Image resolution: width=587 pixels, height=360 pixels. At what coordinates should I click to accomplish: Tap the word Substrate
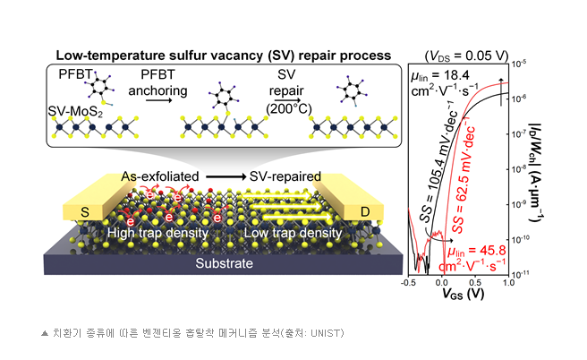tap(224, 263)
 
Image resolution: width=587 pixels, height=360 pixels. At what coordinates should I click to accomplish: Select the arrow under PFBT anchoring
tap(158, 100)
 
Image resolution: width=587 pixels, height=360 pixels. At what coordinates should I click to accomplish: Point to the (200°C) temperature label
tap(289, 109)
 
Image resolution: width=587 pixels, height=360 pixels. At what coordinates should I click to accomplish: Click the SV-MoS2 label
tap(75, 111)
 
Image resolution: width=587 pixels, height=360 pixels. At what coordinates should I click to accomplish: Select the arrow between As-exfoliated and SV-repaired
tap(225, 176)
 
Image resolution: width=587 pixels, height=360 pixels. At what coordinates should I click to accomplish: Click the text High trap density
tap(157, 233)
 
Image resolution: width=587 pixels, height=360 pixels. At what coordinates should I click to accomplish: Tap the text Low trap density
tap(293, 233)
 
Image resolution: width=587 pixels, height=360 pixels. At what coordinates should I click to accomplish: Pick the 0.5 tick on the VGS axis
tap(475, 282)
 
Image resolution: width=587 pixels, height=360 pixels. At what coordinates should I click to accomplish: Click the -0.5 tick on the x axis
tap(408, 282)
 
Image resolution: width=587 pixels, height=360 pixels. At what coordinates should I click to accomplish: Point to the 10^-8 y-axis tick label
tap(518, 168)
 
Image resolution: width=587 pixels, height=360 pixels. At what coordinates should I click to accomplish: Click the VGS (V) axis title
tap(464, 294)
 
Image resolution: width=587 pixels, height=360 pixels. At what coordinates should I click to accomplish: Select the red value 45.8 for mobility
tap(492, 250)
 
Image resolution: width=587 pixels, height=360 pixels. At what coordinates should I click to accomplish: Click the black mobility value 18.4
tap(455, 75)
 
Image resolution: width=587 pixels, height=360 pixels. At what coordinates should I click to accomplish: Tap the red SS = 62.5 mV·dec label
tap(464, 176)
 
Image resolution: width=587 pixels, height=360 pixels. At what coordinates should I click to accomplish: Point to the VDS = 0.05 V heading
tap(466, 56)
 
